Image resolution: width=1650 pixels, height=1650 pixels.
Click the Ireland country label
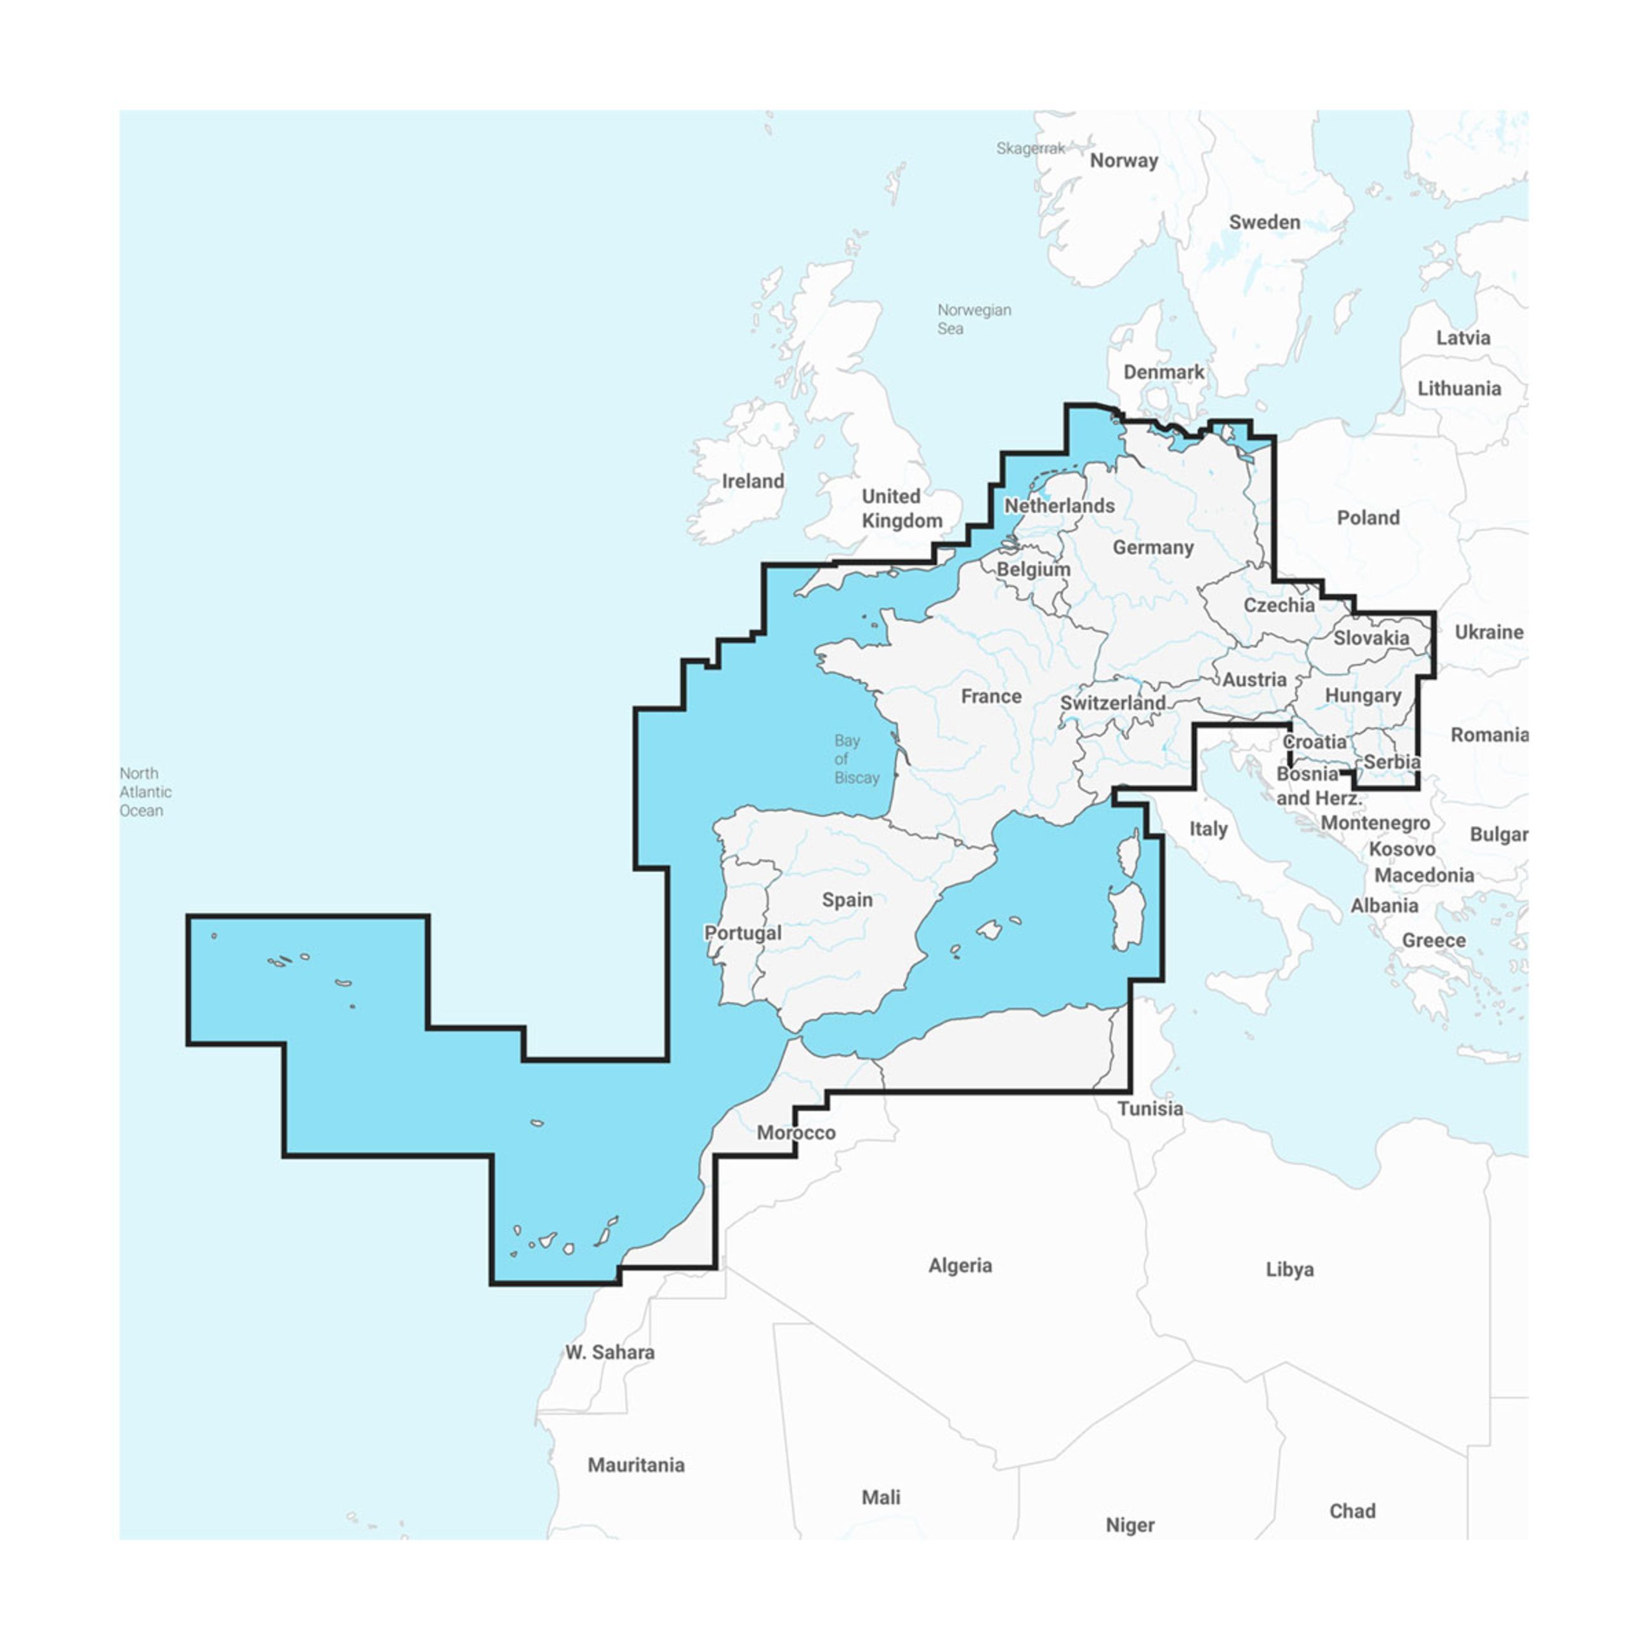753,481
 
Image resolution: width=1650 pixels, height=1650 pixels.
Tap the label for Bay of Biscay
855,759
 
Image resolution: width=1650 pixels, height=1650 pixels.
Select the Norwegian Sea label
973,319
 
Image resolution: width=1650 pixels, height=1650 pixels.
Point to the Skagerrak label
1030,148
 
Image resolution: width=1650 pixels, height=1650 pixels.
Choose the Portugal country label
742,933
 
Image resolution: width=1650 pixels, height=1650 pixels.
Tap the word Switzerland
1112,703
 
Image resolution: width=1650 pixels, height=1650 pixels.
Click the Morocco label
796,1132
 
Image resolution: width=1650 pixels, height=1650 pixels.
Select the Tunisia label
1149,1109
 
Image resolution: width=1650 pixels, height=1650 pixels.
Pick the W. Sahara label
610,1352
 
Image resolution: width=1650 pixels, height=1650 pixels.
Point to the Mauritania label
635,1465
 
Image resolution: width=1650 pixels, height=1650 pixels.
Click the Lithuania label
1459,388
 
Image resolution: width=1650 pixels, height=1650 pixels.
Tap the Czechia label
1279,605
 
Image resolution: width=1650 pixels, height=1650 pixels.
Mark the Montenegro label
1375,822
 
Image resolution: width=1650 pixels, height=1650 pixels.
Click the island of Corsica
1129,852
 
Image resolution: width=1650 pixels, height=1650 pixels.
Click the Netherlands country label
1059,506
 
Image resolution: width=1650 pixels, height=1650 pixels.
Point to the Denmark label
1163,373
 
